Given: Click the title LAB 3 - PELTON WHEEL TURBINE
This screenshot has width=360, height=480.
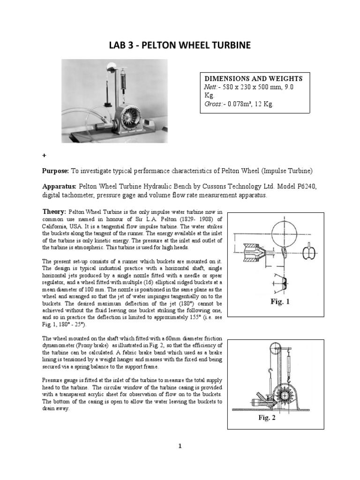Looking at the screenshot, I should point(180,45).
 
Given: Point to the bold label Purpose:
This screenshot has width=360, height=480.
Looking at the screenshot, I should point(56,170).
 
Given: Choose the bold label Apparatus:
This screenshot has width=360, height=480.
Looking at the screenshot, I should point(60,187).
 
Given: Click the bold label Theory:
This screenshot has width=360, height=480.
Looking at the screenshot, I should point(54,212).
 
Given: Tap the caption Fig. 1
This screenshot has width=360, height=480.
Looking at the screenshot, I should point(280,302).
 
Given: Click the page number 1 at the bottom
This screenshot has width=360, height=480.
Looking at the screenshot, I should point(180,447).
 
